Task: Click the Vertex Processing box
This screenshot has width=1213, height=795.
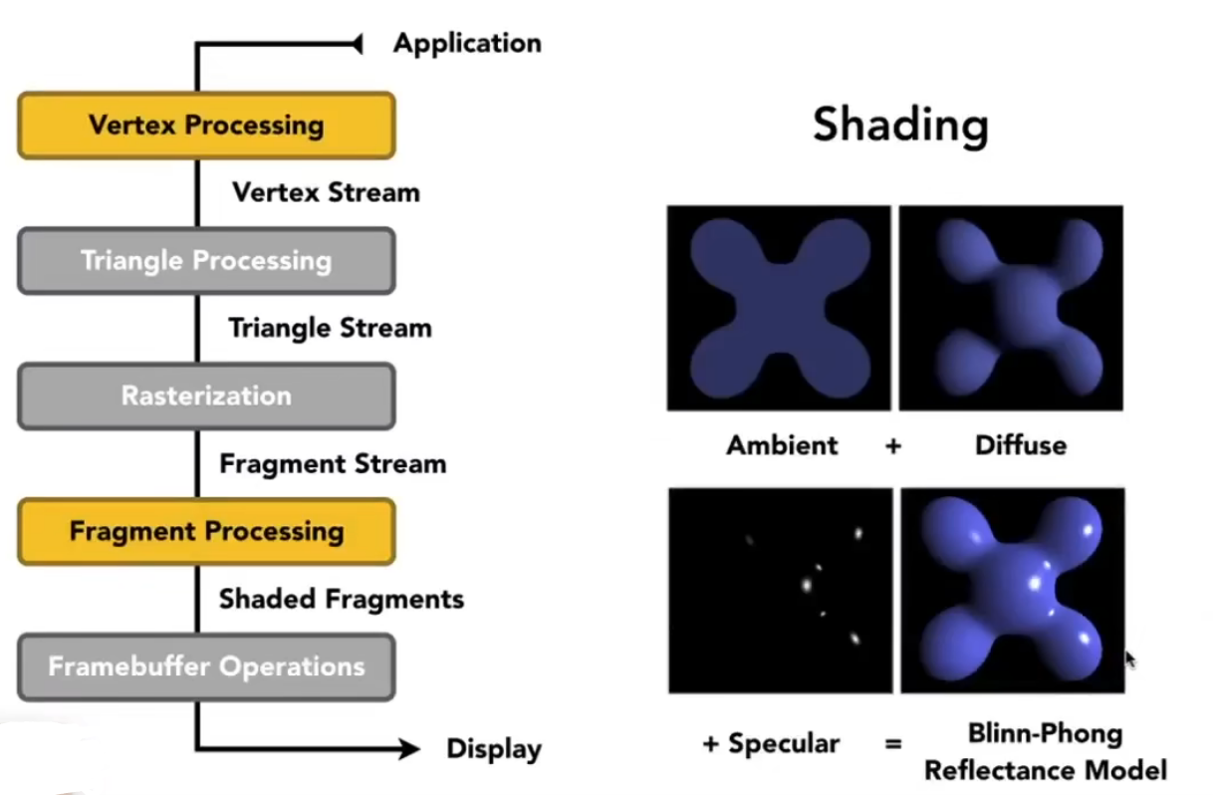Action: (206, 126)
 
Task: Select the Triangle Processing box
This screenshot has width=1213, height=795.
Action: (206, 261)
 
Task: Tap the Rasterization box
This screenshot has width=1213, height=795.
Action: (206, 396)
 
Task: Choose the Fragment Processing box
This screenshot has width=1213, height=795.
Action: (206, 531)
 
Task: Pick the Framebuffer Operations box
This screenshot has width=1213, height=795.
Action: (206, 665)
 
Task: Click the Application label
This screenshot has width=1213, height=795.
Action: (467, 44)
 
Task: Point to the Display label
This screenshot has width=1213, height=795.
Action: (494, 749)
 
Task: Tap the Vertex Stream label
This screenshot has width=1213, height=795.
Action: (326, 192)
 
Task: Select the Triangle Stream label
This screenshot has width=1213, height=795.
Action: (330, 328)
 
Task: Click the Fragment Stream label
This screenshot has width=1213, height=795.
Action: (333, 464)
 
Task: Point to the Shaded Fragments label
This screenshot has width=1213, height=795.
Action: (342, 599)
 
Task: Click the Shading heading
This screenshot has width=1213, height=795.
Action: (900, 126)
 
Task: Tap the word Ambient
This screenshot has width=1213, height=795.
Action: (782, 445)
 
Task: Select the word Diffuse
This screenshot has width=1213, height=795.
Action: (1020, 445)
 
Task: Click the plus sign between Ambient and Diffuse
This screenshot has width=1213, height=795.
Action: (893, 446)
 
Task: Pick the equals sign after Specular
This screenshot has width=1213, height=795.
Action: (893, 744)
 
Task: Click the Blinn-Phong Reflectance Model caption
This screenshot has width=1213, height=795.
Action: (1045, 752)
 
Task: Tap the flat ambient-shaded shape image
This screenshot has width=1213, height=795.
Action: (779, 308)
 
